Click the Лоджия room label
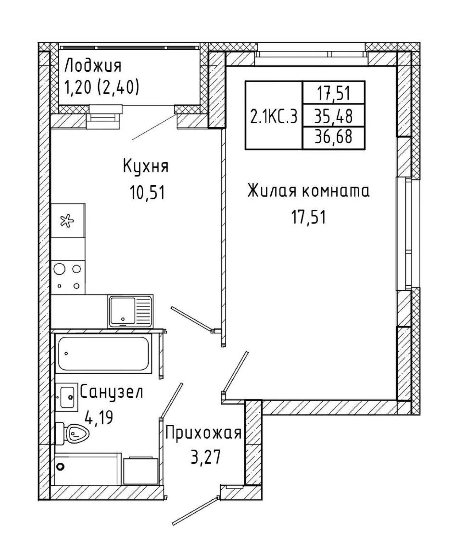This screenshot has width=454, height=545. coord(93,66)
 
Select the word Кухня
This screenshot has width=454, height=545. coord(146,166)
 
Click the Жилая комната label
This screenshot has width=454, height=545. coord(309,191)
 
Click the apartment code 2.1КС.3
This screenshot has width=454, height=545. coord(274,116)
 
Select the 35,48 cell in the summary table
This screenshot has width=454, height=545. coord(333,116)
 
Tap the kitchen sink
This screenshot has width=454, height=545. coord(131,311)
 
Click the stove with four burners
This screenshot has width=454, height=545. coord(68,277)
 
